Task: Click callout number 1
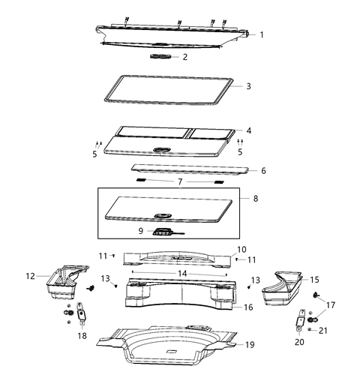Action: (261, 34)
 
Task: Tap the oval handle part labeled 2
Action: (161, 56)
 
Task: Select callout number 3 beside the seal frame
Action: (249, 86)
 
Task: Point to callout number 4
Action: (248, 130)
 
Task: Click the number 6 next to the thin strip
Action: (262, 170)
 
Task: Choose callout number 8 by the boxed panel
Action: (255, 199)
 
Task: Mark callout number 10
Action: (241, 249)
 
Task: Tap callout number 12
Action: (30, 276)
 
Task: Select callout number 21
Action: (324, 330)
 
